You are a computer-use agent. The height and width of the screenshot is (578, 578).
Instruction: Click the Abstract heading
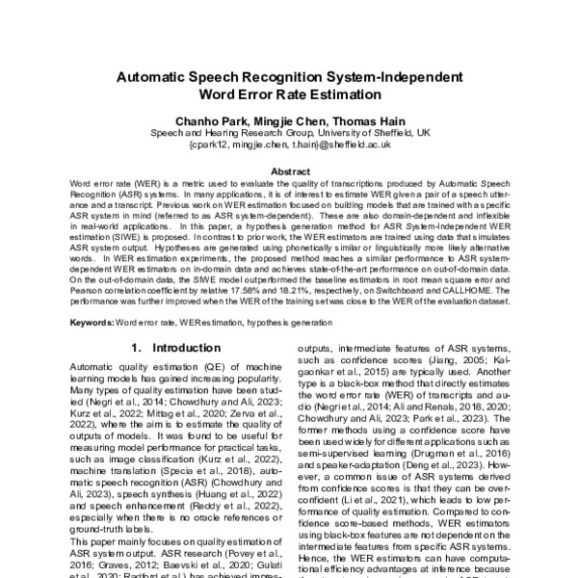point(290,171)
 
